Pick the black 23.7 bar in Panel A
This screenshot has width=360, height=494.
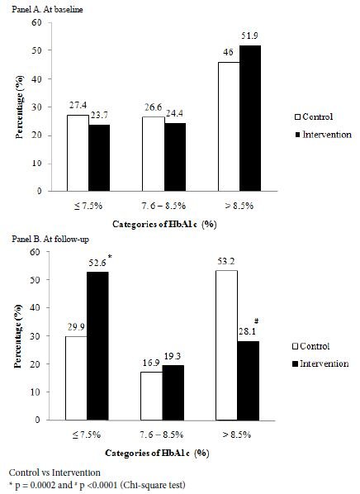(x=97, y=157)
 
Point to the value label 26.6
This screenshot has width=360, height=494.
(x=152, y=108)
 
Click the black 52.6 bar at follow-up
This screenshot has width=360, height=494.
(x=97, y=346)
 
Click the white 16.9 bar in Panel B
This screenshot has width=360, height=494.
(x=152, y=397)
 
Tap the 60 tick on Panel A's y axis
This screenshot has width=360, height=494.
(x=37, y=22)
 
